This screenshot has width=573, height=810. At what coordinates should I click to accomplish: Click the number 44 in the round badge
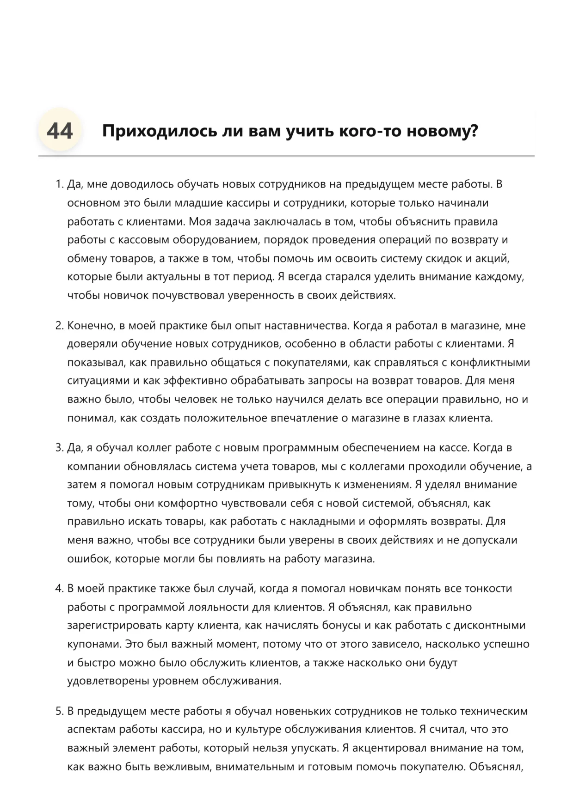(60, 131)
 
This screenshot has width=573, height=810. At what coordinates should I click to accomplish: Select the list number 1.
(59, 184)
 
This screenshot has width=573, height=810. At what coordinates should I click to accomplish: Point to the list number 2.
(59, 326)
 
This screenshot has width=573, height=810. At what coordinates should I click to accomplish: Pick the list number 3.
(59, 448)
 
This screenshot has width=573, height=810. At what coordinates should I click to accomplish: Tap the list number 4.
(59, 589)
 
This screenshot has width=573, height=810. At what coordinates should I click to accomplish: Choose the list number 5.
(59, 711)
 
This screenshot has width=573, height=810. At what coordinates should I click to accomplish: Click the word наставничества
(305, 326)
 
